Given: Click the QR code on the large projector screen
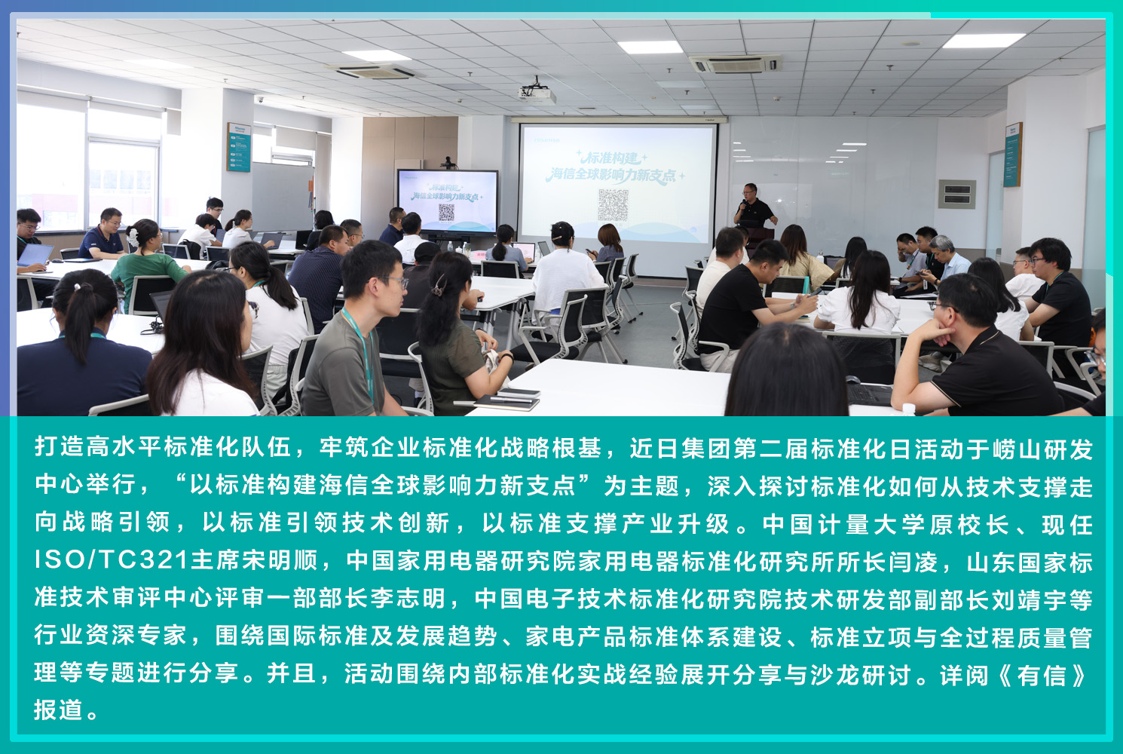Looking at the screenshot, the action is (x=614, y=204).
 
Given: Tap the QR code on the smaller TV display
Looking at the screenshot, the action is (x=446, y=212).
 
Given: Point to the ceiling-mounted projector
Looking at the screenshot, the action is (x=537, y=93).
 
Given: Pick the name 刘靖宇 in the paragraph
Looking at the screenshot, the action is (x=1027, y=598).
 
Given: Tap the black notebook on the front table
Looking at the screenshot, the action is (x=506, y=399).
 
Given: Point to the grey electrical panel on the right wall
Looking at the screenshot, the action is (x=957, y=194).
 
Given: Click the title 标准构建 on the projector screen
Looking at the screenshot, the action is (x=610, y=158).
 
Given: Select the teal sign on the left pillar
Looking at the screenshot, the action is (x=239, y=147).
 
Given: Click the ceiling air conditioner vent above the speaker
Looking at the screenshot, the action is (x=735, y=64).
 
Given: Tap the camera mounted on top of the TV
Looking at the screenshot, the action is (x=448, y=163).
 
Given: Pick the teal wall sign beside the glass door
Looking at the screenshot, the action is (x=1012, y=155).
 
